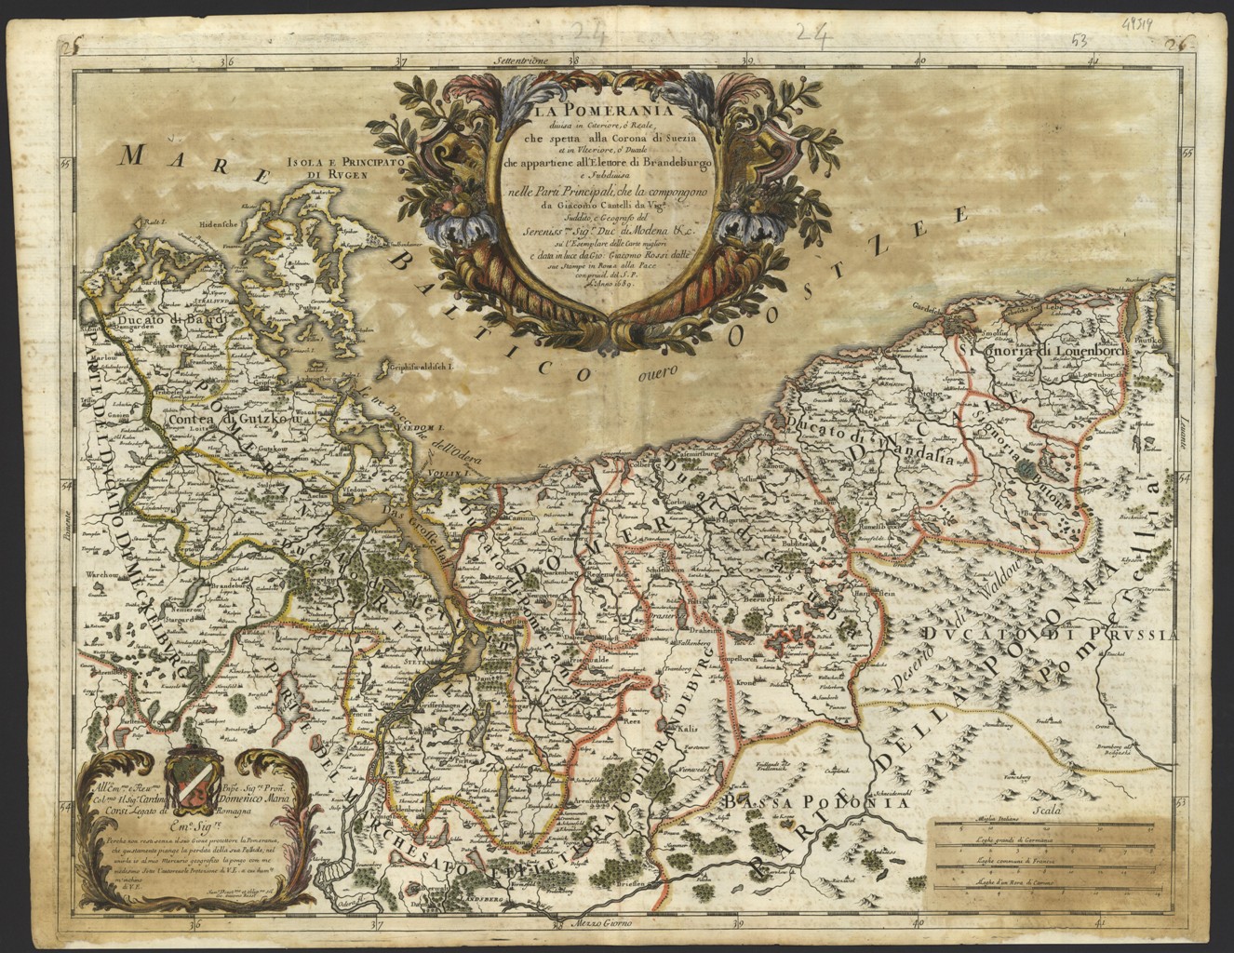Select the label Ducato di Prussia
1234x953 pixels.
[x=1052, y=635]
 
